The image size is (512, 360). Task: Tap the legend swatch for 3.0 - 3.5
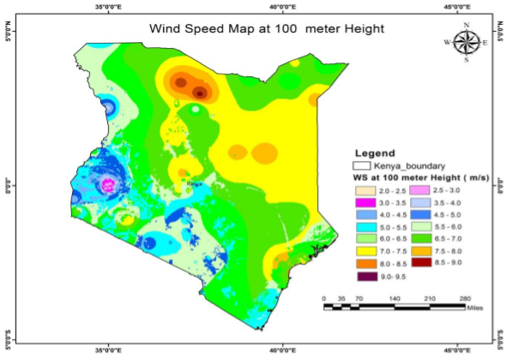point(363,201)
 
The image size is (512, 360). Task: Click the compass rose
point(466,42)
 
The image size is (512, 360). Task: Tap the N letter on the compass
point(467,25)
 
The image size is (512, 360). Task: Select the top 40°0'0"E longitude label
point(285,7)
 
